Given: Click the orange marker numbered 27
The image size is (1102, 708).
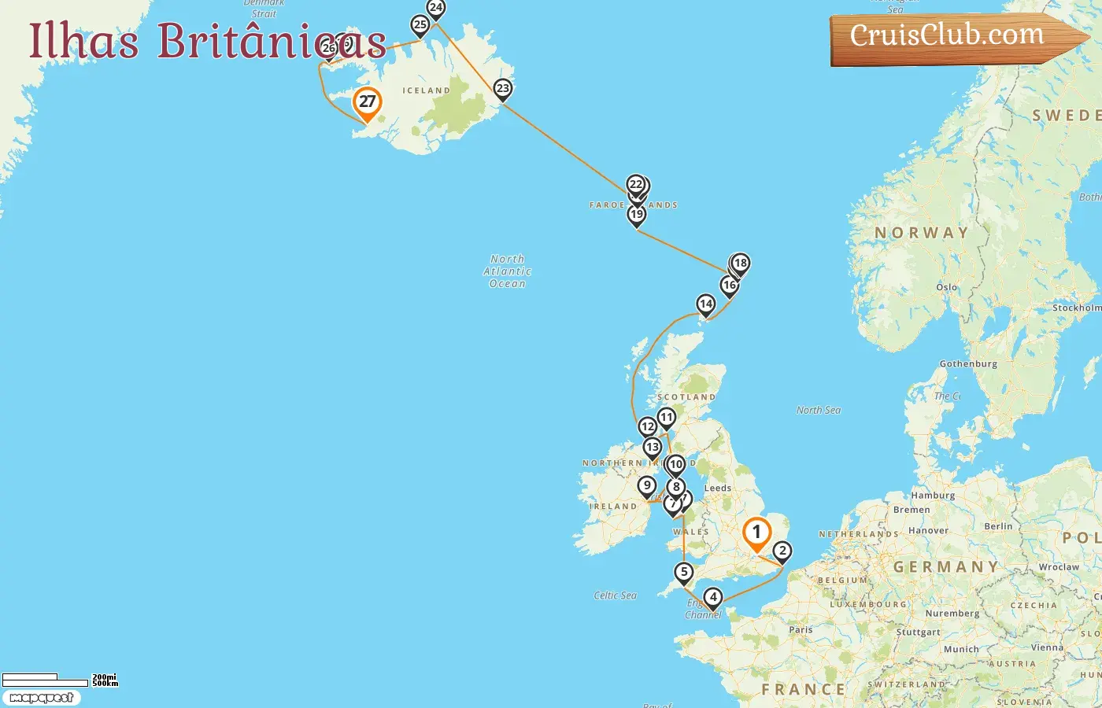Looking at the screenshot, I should [367, 102].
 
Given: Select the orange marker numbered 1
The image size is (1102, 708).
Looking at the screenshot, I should [756, 533].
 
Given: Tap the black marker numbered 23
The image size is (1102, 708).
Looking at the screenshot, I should [503, 89].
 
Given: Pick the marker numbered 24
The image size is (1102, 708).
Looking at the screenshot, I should [435, 9].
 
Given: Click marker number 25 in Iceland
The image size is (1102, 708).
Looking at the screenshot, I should [420, 25].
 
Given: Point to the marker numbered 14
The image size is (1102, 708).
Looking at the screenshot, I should [705, 304].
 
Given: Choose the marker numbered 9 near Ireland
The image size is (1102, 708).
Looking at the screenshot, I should [647, 486].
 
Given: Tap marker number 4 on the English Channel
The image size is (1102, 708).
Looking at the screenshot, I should [713, 598].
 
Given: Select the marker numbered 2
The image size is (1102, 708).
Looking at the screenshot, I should [782, 551].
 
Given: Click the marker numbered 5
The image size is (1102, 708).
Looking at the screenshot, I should [683, 573].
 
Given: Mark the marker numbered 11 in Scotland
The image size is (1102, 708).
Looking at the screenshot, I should [667, 418].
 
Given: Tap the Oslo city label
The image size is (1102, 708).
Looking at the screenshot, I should [947, 287].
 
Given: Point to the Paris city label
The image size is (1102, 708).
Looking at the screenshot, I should [801, 629].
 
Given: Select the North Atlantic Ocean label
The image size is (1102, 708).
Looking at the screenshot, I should [508, 271].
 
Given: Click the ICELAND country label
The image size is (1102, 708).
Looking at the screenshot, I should [426, 90].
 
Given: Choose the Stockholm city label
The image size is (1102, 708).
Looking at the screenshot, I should [1076, 308].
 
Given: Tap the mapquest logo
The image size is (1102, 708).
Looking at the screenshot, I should [42, 698].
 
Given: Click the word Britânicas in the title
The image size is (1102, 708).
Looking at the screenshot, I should [272, 41].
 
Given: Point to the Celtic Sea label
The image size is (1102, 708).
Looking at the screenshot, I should [616, 596].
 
